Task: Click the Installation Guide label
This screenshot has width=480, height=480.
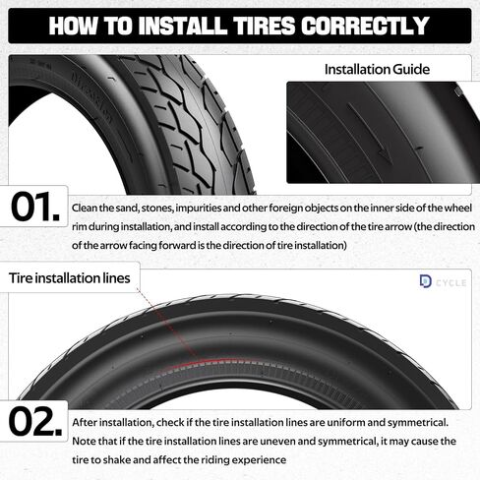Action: click(x=378, y=70)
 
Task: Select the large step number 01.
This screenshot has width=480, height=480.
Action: click(x=37, y=208)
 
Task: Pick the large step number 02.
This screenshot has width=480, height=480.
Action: click(x=37, y=421)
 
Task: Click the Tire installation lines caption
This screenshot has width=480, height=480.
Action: click(x=70, y=278)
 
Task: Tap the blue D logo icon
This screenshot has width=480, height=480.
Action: click(x=425, y=282)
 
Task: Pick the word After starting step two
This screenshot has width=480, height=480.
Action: click(x=86, y=422)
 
